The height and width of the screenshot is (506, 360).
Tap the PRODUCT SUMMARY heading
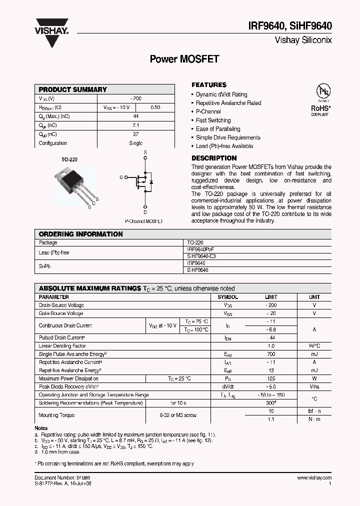pyautogui.click(x=73, y=89)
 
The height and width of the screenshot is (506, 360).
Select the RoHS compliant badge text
pyautogui.click(x=320, y=108)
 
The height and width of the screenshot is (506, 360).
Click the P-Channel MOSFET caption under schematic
pyautogui.click(x=143, y=221)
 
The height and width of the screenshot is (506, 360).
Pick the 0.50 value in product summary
pyautogui.click(x=155, y=107)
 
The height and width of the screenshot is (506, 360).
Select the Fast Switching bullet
pyautogui.click(x=213, y=120)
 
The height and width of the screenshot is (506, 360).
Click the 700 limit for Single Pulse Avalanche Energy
pyautogui.click(x=270, y=354)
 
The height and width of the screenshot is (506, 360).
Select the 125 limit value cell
pyautogui.click(x=270, y=378)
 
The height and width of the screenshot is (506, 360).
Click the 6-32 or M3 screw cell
pyautogui.click(x=178, y=415)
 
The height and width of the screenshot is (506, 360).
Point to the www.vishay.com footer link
pyautogui.click(x=314, y=478)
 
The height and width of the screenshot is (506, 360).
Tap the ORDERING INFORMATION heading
pyautogui.click(x=80, y=234)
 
